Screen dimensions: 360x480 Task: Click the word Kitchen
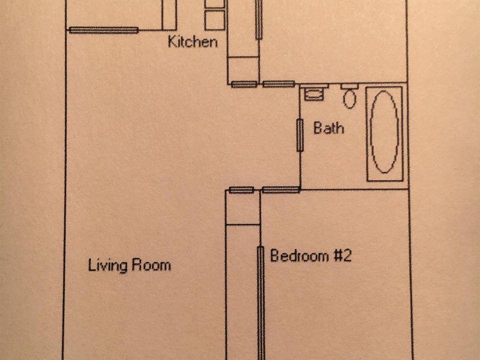(x=192, y=41)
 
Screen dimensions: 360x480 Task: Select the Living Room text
(x=129, y=264)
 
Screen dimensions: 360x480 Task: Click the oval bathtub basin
(x=384, y=132)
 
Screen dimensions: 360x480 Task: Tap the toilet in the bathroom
(x=349, y=97)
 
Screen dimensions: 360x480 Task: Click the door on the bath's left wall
(x=300, y=135)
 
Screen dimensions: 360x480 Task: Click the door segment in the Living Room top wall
(x=103, y=30)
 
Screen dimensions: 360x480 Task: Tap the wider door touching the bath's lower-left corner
(x=280, y=189)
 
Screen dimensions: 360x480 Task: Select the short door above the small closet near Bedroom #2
(x=241, y=189)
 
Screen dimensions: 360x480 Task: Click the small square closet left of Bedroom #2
(x=242, y=207)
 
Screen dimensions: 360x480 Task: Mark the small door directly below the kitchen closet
(x=244, y=84)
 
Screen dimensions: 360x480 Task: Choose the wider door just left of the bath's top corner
(x=278, y=84)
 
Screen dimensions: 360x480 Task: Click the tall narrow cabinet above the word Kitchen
(x=169, y=14)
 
